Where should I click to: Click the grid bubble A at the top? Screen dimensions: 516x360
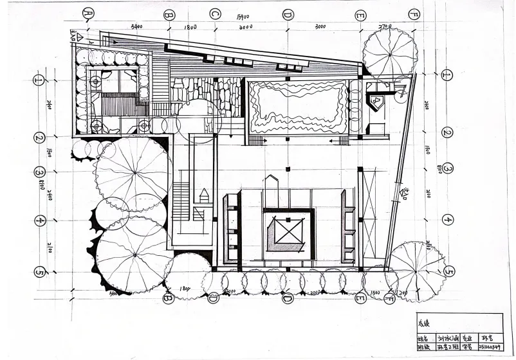[x=89, y=13]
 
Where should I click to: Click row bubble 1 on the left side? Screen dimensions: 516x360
[x=39, y=80]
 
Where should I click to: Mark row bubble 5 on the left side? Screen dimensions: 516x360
[x=39, y=272]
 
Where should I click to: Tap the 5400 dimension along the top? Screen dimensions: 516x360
[x=136, y=27]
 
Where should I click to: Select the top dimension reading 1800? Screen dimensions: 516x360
[x=190, y=27]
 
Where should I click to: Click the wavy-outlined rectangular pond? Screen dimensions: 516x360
[x=297, y=107]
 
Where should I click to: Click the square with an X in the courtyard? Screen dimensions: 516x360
[x=288, y=232]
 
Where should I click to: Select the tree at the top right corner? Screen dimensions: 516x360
[x=389, y=53]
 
